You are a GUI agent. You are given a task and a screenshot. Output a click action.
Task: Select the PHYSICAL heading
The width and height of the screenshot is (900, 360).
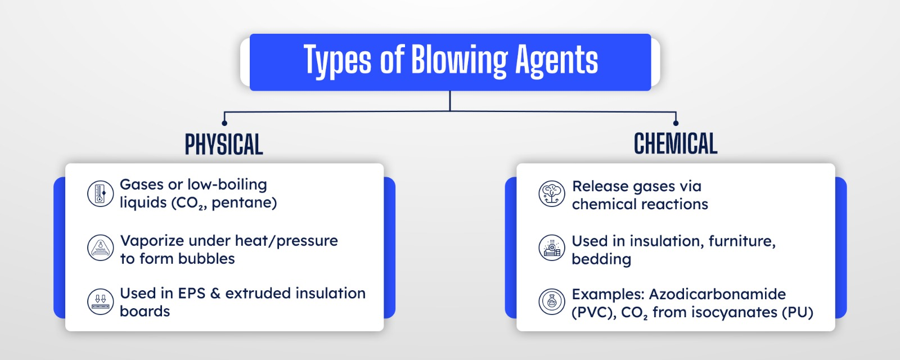(224, 144)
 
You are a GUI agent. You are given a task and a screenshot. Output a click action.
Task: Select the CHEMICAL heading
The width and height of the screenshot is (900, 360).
(676, 144)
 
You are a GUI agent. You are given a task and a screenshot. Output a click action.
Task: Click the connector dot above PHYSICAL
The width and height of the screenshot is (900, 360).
(224, 123)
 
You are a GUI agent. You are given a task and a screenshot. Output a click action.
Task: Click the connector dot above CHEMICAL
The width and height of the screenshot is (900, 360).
(676, 123)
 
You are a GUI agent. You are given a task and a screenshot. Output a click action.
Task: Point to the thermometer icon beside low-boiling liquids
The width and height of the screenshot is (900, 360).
(101, 193)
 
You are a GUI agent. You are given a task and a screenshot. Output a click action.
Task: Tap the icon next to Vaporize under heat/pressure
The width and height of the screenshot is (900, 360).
(101, 248)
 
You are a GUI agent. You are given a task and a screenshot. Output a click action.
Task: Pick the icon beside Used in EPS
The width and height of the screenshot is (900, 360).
(101, 301)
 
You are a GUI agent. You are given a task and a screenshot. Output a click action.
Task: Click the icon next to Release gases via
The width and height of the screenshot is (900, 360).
(552, 193)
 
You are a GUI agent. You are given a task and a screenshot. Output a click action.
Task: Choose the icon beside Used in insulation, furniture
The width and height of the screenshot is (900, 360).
(552, 248)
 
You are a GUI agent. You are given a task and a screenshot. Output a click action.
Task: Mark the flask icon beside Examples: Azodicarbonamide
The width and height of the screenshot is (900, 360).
(552, 301)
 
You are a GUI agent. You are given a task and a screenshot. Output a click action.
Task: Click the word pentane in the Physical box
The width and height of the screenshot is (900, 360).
(241, 203)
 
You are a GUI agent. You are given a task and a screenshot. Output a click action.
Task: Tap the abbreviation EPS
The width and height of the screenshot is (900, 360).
(191, 293)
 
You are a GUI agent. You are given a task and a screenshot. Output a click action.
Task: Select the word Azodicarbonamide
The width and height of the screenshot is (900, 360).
(717, 294)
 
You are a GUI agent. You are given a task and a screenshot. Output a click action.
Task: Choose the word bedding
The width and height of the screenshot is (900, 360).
(601, 259)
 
